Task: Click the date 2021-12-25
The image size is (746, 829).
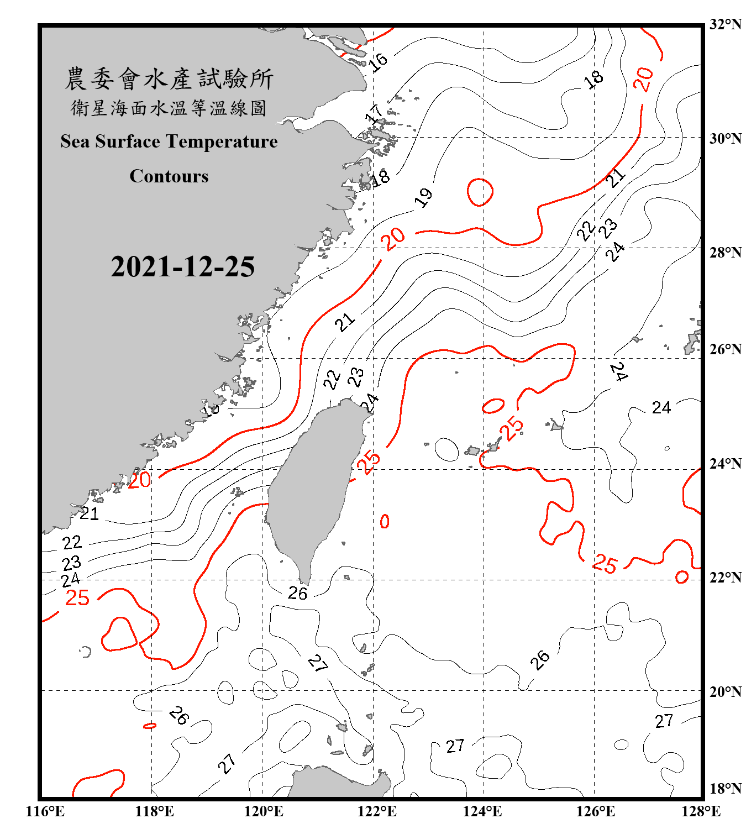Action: pos(182,267)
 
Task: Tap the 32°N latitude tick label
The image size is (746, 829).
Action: pos(725,24)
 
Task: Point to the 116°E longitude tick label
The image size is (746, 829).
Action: pos(45,811)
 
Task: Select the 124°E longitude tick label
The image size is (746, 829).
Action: pos(482,811)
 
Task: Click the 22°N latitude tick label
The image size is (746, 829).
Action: pos(725,578)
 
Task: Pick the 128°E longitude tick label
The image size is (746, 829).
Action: pos(701,811)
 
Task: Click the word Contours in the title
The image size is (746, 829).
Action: pos(169,176)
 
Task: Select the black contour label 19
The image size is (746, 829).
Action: pos(424,197)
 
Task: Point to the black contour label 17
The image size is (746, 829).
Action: pos(375,114)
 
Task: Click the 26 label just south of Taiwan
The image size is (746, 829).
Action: pos(297,594)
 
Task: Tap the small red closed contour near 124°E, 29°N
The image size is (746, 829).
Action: pos(480,192)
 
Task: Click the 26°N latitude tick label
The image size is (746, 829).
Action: pos(725,349)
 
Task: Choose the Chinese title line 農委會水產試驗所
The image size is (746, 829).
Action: pos(169,79)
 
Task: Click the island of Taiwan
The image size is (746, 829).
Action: pos(312,486)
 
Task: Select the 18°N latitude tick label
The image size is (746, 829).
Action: pos(725,789)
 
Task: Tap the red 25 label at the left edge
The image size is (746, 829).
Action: pos(77,598)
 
